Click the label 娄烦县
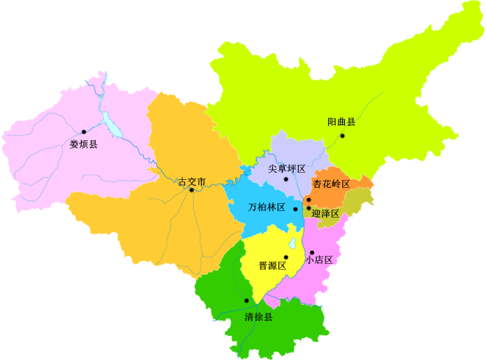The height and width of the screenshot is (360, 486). pos(83,144)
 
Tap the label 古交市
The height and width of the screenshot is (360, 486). pos(192,181)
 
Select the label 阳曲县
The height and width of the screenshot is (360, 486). pos(341,122)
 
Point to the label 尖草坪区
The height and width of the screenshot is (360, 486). pos(287,168)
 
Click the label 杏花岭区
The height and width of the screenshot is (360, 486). pos(331,184)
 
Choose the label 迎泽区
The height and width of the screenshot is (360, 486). pos(325,213)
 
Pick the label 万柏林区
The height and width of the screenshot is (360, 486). pos(268,207)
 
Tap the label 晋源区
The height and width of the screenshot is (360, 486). pos(273,266)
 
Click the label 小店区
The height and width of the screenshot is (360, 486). pos(319,260)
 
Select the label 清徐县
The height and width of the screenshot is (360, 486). pos(258,317)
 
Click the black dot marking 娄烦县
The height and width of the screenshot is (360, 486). pos(84,132)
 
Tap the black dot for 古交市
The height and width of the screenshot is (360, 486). pos(192,190)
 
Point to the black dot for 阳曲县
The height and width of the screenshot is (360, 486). pos(343,135)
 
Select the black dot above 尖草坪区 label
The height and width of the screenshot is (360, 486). pos(287,179)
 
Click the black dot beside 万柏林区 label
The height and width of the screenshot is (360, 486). pos(296,208)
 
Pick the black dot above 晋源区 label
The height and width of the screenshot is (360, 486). pos(286,257)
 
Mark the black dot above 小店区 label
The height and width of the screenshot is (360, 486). pos(312,253)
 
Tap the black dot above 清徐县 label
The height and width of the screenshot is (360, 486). pos(247,300)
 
